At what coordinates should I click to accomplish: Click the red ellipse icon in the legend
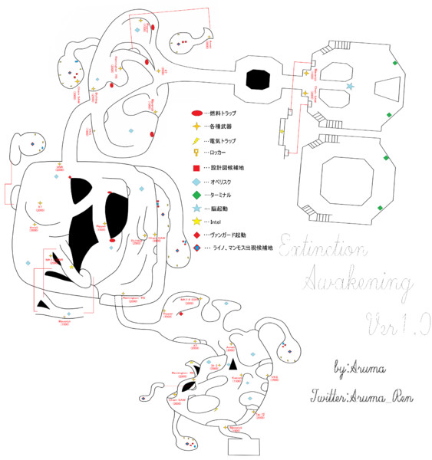pos(196,113)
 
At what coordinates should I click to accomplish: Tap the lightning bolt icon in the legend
pos(196,140)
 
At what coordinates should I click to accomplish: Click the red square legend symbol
pos(196,168)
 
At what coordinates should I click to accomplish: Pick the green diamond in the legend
pos(196,195)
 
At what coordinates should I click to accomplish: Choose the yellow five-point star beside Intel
pos(196,222)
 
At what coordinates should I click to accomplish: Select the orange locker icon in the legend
pos(196,153)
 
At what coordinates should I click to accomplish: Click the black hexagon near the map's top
pos(258,78)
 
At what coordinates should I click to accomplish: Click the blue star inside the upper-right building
pos(351,87)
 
